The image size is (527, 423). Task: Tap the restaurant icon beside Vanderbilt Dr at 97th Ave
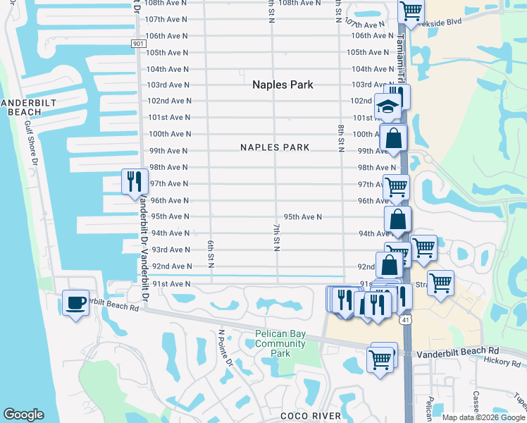click(133, 182)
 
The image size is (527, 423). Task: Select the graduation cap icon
click(387, 106)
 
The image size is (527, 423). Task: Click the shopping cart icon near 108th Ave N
click(411, 11)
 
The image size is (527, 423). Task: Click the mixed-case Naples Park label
click(283, 85)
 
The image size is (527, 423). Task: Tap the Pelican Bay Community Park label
click(280, 343)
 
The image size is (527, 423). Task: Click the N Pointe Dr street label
click(225, 348)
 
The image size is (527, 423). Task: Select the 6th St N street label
click(211, 252)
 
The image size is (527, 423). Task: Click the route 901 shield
click(138, 44)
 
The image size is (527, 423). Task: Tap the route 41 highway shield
click(407, 320)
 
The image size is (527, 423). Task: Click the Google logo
click(23, 415)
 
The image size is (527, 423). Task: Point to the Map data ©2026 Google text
click(483, 417)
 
